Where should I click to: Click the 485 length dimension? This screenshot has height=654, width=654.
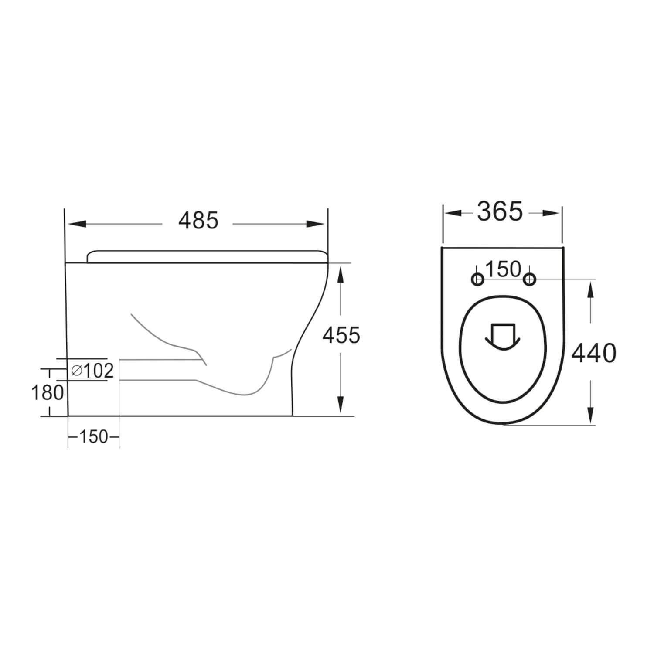coord(198,221)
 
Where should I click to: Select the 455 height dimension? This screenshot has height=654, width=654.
coord(341,335)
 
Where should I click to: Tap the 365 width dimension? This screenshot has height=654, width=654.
coord(500,212)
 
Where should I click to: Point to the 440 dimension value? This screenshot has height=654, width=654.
coord(594,353)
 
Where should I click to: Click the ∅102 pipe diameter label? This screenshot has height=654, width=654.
coord(92,371)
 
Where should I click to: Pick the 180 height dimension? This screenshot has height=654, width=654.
coord(48,393)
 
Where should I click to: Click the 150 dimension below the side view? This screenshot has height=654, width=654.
coord(93,436)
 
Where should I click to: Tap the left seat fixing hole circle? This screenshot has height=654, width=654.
coord(478,279)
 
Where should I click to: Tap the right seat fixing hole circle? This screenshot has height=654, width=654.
coord(529,279)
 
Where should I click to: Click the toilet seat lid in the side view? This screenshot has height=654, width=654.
coord(207,256)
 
